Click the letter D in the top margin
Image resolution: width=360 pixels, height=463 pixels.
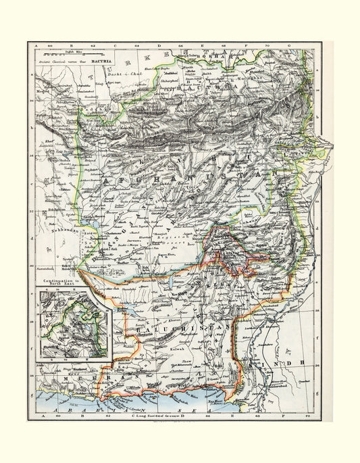161,45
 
